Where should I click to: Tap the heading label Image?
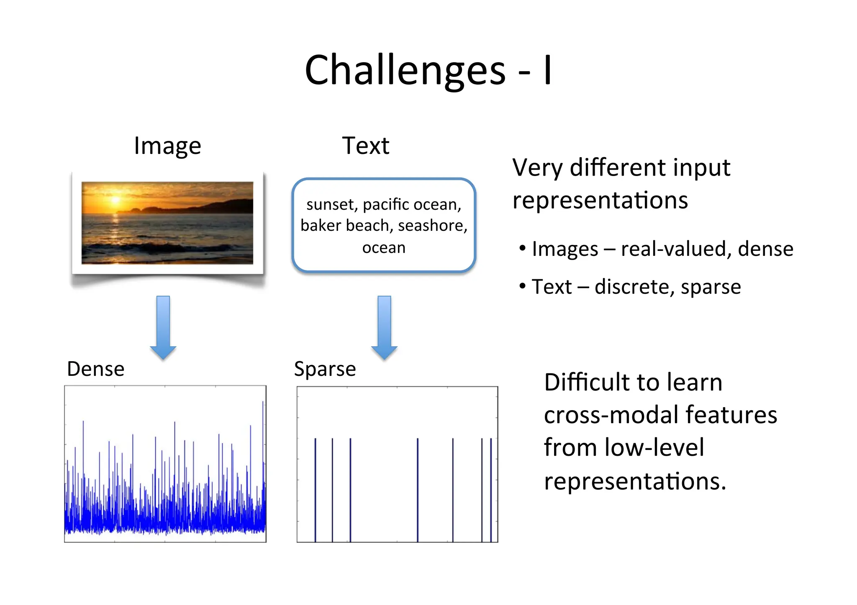(x=167, y=146)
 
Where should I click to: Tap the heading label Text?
(x=365, y=146)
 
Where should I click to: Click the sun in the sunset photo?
(x=115, y=200)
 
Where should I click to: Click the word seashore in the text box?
(x=432, y=226)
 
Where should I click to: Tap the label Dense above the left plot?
(x=96, y=369)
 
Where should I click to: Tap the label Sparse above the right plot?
(x=325, y=369)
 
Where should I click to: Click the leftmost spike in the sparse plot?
(x=316, y=489)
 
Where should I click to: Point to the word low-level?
(x=654, y=448)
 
